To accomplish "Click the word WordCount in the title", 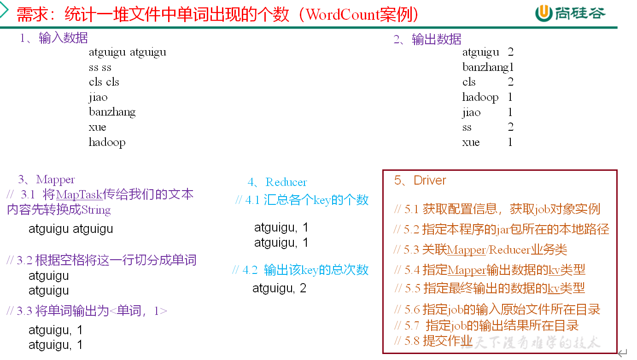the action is click(x=343, y=15).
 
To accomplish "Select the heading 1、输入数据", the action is click(x=54, y=38).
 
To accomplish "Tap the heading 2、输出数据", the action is click(x=427, y=40).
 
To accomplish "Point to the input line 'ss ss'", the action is click(x=100, y=67).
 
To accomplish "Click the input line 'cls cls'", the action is click(x=104, y=82).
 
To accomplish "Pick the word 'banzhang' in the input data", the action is click(x=112, y=112).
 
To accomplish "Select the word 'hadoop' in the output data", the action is click(x=480, y=98).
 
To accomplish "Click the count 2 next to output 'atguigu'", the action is click(x=510, y=52).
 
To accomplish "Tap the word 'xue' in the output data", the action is click(x=471, y=142).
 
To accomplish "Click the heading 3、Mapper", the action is click(x=46, y=180).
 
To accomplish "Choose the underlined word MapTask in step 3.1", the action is click(x=79, y=195).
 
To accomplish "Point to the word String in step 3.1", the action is click(x=96, y=210).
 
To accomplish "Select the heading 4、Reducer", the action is click(x=277, y=182).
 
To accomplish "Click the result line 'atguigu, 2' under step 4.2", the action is click(x=279, y=289).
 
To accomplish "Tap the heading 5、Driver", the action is click(x=420, y=180).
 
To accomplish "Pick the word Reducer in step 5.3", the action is click(x=509, y=250).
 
